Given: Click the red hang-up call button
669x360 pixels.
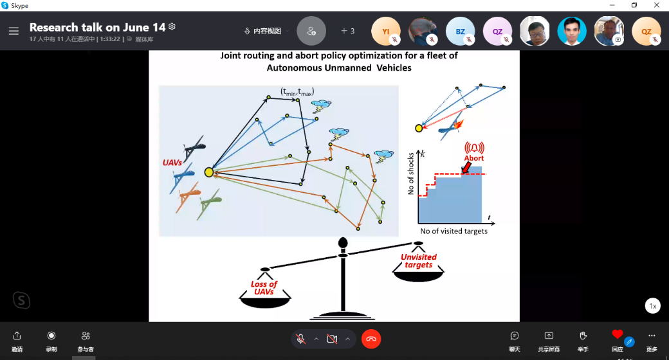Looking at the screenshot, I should coord(371,339).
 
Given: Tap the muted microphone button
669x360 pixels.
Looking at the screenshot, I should coord(300,339).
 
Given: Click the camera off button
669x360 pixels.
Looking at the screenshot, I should coord(332,339).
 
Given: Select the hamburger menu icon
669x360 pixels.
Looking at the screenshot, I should coord(14,31).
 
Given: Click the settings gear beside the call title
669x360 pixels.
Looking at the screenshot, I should coord(172,27).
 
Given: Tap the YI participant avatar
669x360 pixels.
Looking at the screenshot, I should coord(386,31).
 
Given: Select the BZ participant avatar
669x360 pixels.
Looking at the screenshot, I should coord(461,31).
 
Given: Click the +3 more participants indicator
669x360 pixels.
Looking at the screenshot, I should coord(348,31).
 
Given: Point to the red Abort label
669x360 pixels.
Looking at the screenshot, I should coord(474,158).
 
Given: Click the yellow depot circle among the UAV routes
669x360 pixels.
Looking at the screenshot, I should coord(208,172).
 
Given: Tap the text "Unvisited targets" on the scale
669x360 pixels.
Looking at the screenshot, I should coord(419,260).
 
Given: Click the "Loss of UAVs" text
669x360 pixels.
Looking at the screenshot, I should coord(264,287).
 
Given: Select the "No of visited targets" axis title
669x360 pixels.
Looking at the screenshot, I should coord(454,231).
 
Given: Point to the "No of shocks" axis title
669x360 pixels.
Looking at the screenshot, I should coord(410,174).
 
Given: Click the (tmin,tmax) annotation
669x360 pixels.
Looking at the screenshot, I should coord(297,91).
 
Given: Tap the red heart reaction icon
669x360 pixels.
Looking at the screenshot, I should coord(618,334).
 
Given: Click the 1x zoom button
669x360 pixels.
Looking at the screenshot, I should coord(653,306).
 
